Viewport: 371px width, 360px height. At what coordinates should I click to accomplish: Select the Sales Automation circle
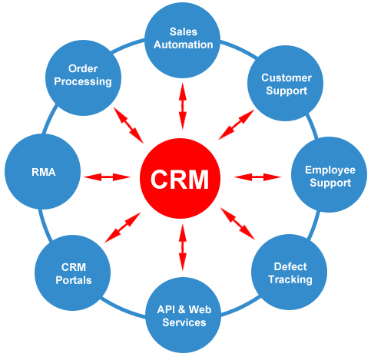[x=182, y=38]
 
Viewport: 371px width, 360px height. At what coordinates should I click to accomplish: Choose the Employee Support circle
[x=328, y=177]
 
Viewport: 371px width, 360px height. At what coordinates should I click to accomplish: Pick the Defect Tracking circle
[x=290, y=272]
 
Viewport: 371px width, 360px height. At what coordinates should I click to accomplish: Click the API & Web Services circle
[x=182, y=315]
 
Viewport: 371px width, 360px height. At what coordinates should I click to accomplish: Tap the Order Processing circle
[x=84, y=75]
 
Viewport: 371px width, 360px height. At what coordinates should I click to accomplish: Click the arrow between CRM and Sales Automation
[x=182, y=105]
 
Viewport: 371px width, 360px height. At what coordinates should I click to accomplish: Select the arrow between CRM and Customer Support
[x=237, y=123]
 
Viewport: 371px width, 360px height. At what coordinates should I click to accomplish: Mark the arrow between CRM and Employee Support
[x=257, y=177]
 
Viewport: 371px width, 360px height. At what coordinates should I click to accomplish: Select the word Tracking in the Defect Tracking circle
[x=290, y=279]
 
